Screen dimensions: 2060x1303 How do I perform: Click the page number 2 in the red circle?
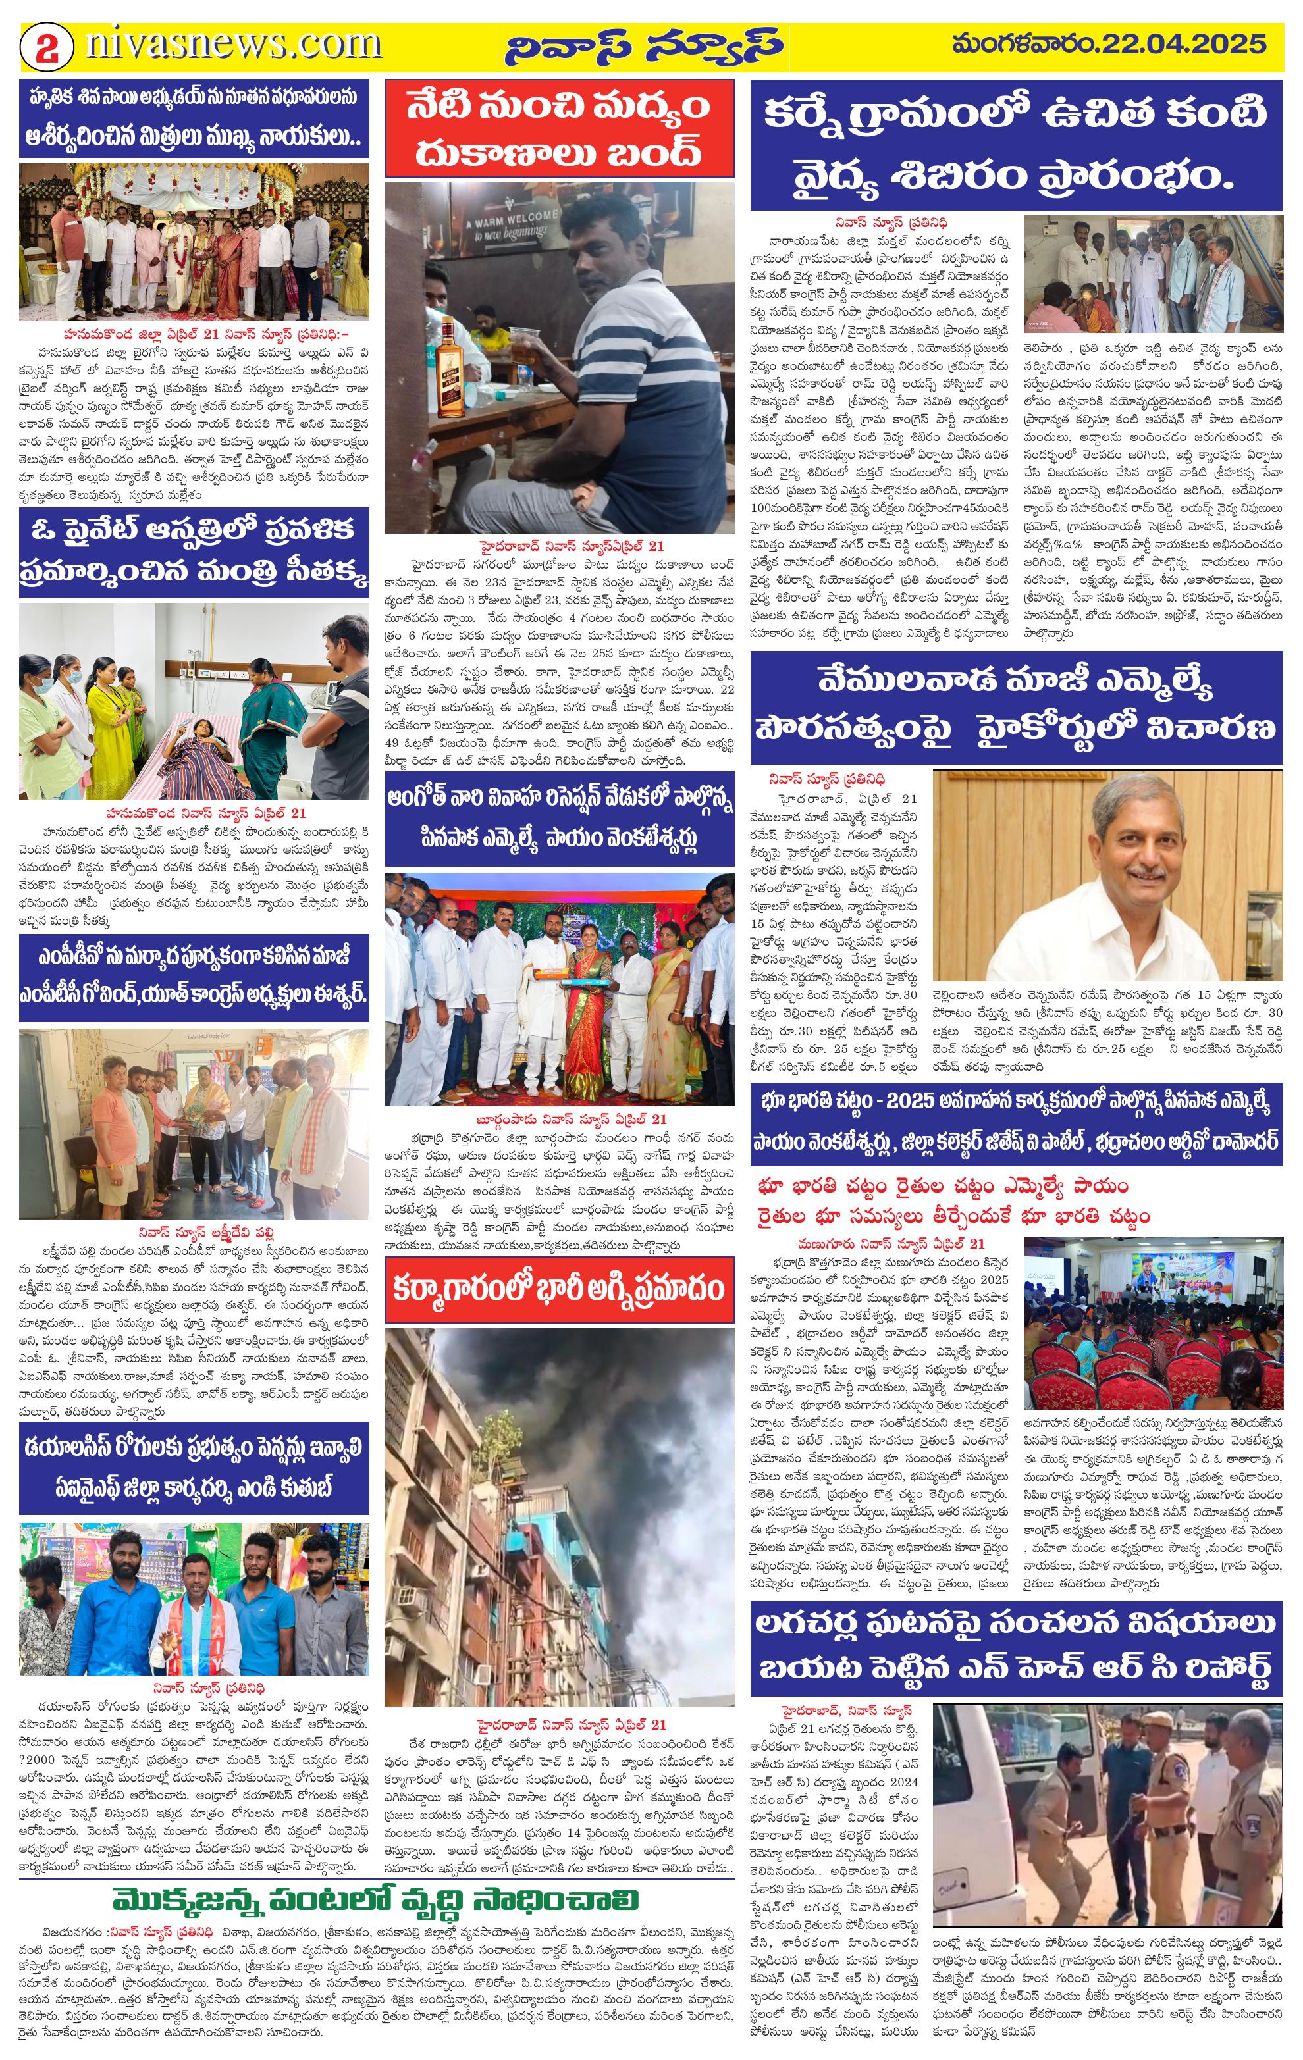(45, 46)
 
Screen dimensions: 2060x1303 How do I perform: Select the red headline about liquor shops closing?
(559, 128)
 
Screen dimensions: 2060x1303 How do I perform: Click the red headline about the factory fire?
(559, 1289)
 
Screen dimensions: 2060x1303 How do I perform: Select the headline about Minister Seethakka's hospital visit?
(194, 551)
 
